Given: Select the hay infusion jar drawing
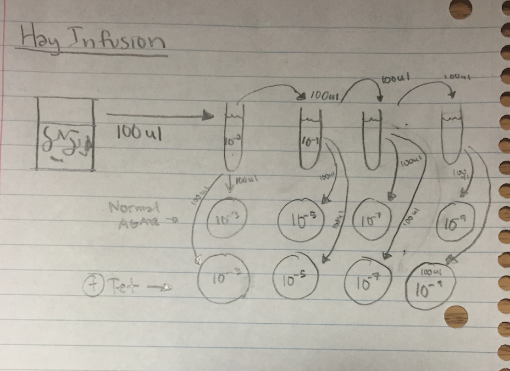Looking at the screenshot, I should (x=66, y=133).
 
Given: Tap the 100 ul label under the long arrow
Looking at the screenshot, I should (x=139, y=133).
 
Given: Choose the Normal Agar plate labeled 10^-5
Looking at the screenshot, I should (x=301, y=221).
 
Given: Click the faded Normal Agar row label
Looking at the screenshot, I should (x=133, y=214).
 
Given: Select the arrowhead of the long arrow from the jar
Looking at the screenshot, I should (x=208, y=115).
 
